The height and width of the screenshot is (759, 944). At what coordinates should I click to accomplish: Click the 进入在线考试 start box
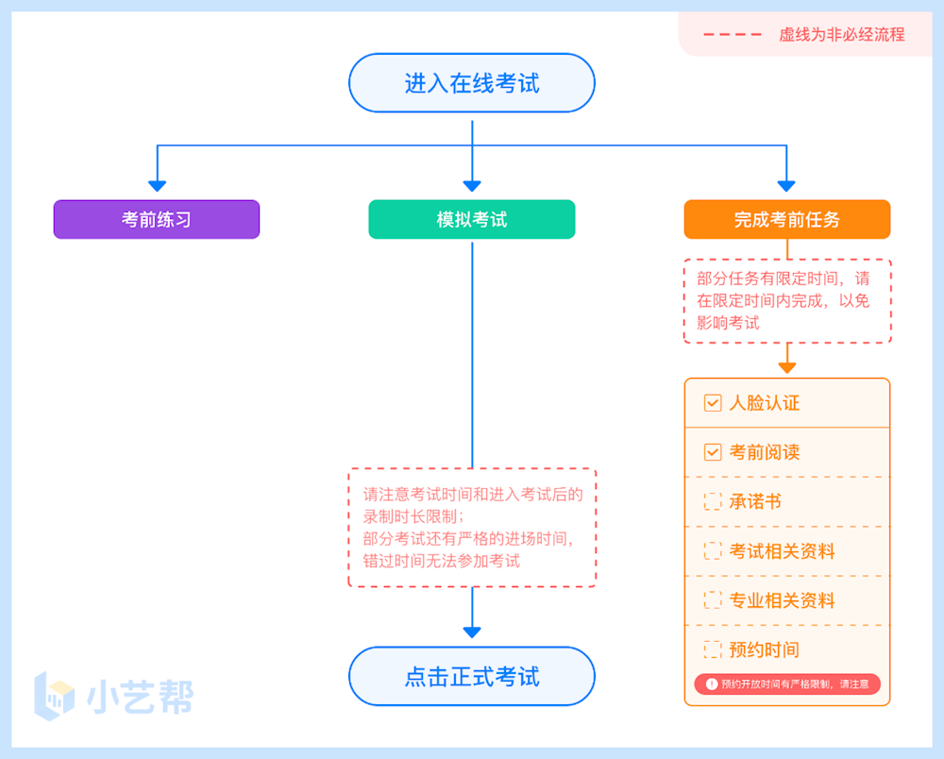472,83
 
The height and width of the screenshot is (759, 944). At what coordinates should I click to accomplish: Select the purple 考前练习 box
157,219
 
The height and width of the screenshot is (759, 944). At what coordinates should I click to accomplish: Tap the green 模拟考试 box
472,219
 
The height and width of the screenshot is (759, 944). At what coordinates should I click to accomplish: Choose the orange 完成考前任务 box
787,219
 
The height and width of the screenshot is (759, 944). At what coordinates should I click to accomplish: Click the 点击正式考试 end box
472,676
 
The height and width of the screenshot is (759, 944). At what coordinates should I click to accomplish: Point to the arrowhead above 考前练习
157,185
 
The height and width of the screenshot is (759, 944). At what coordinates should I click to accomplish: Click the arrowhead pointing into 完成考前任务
786,185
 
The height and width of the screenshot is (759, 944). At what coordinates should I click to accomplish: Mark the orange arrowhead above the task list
787,366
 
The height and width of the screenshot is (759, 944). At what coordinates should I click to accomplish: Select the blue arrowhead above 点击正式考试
472,632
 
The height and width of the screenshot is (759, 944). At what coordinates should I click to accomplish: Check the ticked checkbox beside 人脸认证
713,403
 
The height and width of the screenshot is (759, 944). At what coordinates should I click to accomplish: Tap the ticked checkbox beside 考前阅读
713,452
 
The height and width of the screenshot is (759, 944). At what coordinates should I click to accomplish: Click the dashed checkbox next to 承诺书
713,502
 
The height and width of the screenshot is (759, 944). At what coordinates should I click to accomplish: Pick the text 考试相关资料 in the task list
783,551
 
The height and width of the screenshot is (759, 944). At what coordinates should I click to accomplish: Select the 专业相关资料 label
783,600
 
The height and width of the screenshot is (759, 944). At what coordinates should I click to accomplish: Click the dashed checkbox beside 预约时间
713,649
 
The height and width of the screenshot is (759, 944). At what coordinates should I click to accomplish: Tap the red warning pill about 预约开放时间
787,683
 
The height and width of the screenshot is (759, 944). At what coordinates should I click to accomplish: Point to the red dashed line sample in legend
733,35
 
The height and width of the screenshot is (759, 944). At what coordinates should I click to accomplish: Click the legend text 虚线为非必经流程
841,35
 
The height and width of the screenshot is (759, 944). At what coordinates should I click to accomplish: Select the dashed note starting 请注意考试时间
472,528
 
